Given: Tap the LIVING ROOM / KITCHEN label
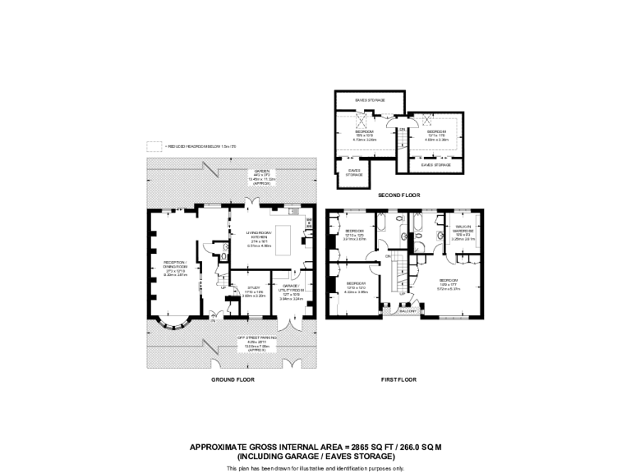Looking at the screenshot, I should [259, 234].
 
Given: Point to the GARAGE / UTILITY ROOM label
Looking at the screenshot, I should [292, 288].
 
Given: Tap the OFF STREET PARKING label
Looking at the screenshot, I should [257, 338].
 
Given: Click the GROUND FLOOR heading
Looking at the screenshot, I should [233, 380].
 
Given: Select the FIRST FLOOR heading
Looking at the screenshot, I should [398, 380].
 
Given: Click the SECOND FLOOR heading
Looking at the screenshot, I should [398, 195].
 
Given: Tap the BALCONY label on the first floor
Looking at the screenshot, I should [408, 311].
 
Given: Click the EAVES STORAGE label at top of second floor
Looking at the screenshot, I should [370, 100].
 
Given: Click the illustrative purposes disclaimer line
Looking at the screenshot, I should [315, 467].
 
